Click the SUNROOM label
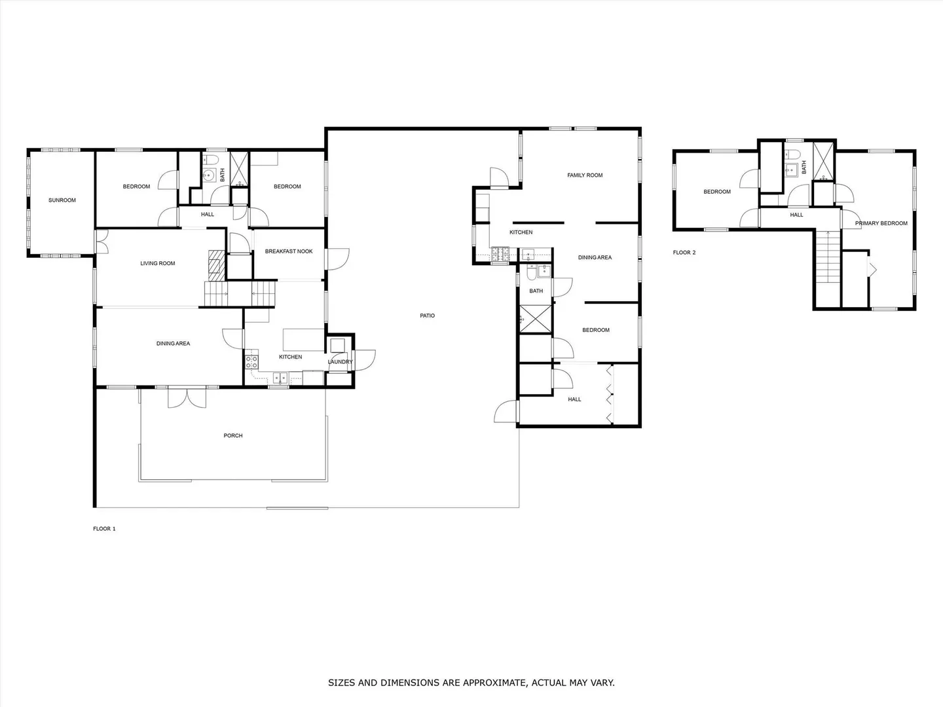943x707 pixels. point(62,200)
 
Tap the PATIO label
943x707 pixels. point(427,316)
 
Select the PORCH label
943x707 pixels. point(233,435)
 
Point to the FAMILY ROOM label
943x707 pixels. point(585,175)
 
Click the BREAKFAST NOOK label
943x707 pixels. point(289,251)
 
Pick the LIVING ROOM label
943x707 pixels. point(158,263)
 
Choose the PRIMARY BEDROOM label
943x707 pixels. point(881,223)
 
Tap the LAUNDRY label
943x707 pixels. point(341,362)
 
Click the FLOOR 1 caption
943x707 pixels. point(104,529)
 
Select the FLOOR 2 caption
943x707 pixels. point(684,253)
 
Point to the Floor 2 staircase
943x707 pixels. point(828,257)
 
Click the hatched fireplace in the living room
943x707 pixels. point(217,265)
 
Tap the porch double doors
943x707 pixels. point(187,397)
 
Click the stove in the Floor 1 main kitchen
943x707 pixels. point(251,362)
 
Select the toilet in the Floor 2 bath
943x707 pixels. point(792,154)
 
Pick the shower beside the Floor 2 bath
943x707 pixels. point(823,161)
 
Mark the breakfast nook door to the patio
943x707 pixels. point(338,259)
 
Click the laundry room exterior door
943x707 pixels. point(365,361)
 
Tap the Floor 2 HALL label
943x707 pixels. point(796,215)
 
